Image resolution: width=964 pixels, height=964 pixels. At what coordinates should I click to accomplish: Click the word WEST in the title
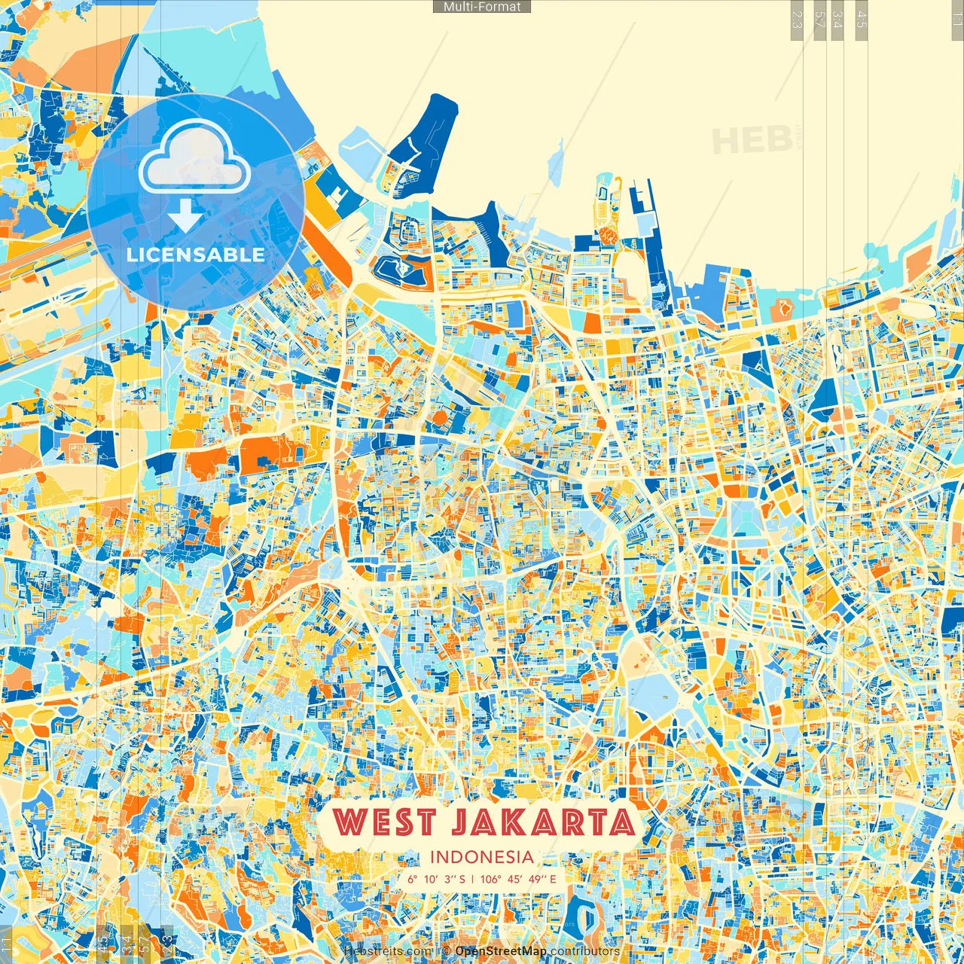pos(384,822)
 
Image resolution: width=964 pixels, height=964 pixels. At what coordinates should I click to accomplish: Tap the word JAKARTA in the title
pos(543,822)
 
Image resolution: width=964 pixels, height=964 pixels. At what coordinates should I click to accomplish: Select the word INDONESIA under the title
pos(482,857)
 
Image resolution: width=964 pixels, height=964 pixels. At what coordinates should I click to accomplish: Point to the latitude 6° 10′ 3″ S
pos(436,878)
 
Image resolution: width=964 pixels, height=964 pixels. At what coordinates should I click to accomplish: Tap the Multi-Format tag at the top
pos(482,7)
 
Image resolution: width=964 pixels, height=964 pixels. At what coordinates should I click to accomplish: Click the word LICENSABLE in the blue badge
pos(196,255)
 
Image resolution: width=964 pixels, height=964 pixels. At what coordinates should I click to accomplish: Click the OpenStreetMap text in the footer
pos(501,951)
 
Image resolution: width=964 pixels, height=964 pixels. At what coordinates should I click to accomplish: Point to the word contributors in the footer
pos(585,951)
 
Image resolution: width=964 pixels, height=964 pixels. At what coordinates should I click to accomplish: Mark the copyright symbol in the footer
pos(446,951)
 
